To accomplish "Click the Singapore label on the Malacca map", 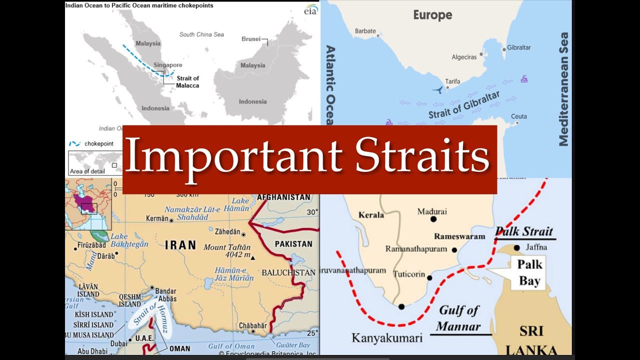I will point(167,65).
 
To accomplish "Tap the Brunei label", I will point(251,39).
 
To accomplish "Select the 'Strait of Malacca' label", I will point(187,81).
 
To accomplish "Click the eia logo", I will point(310,10).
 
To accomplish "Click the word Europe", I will point(432,15).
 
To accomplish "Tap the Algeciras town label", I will point(464,57).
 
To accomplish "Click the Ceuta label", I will point(518,116).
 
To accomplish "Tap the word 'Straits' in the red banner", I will point(422,156).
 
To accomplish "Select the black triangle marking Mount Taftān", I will point(253,258).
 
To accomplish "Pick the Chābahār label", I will point(252,325).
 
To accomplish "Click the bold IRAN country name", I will point(180,245).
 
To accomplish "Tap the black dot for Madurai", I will point(433,219).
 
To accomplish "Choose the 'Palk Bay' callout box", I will point(529,272).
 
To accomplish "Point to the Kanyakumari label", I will point(387,338).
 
